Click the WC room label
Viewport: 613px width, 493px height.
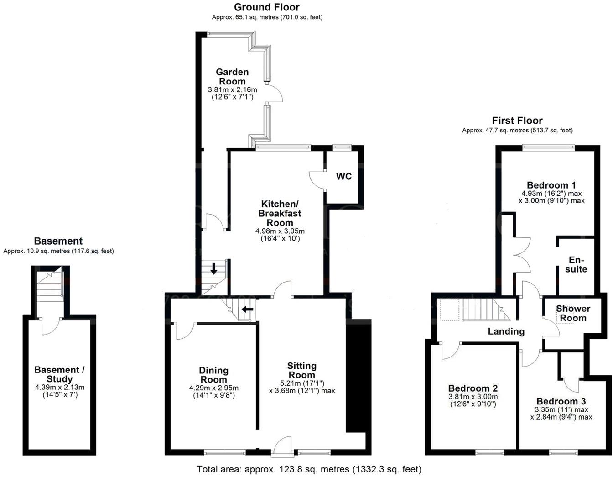[344, 177]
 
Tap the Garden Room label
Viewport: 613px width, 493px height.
[232, 77]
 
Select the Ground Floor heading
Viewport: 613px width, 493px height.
[267, 7]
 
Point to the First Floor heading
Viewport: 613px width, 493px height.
[517, 121]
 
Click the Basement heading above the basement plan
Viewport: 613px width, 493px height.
[58, 241]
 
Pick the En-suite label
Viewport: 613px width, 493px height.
[576, 265]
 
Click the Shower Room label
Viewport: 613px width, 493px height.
[573, 314]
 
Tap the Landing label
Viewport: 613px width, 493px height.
[506, 331]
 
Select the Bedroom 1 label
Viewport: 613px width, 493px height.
[551, 185]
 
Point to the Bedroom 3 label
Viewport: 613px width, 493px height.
[561, 402]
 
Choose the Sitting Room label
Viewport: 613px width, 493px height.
[301, 370]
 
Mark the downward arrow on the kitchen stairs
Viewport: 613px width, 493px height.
[213, 269]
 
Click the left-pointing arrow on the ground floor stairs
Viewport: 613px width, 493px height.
[247, 309]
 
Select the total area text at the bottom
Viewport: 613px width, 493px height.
[309, 469]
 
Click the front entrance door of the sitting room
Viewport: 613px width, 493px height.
[283, 446]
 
